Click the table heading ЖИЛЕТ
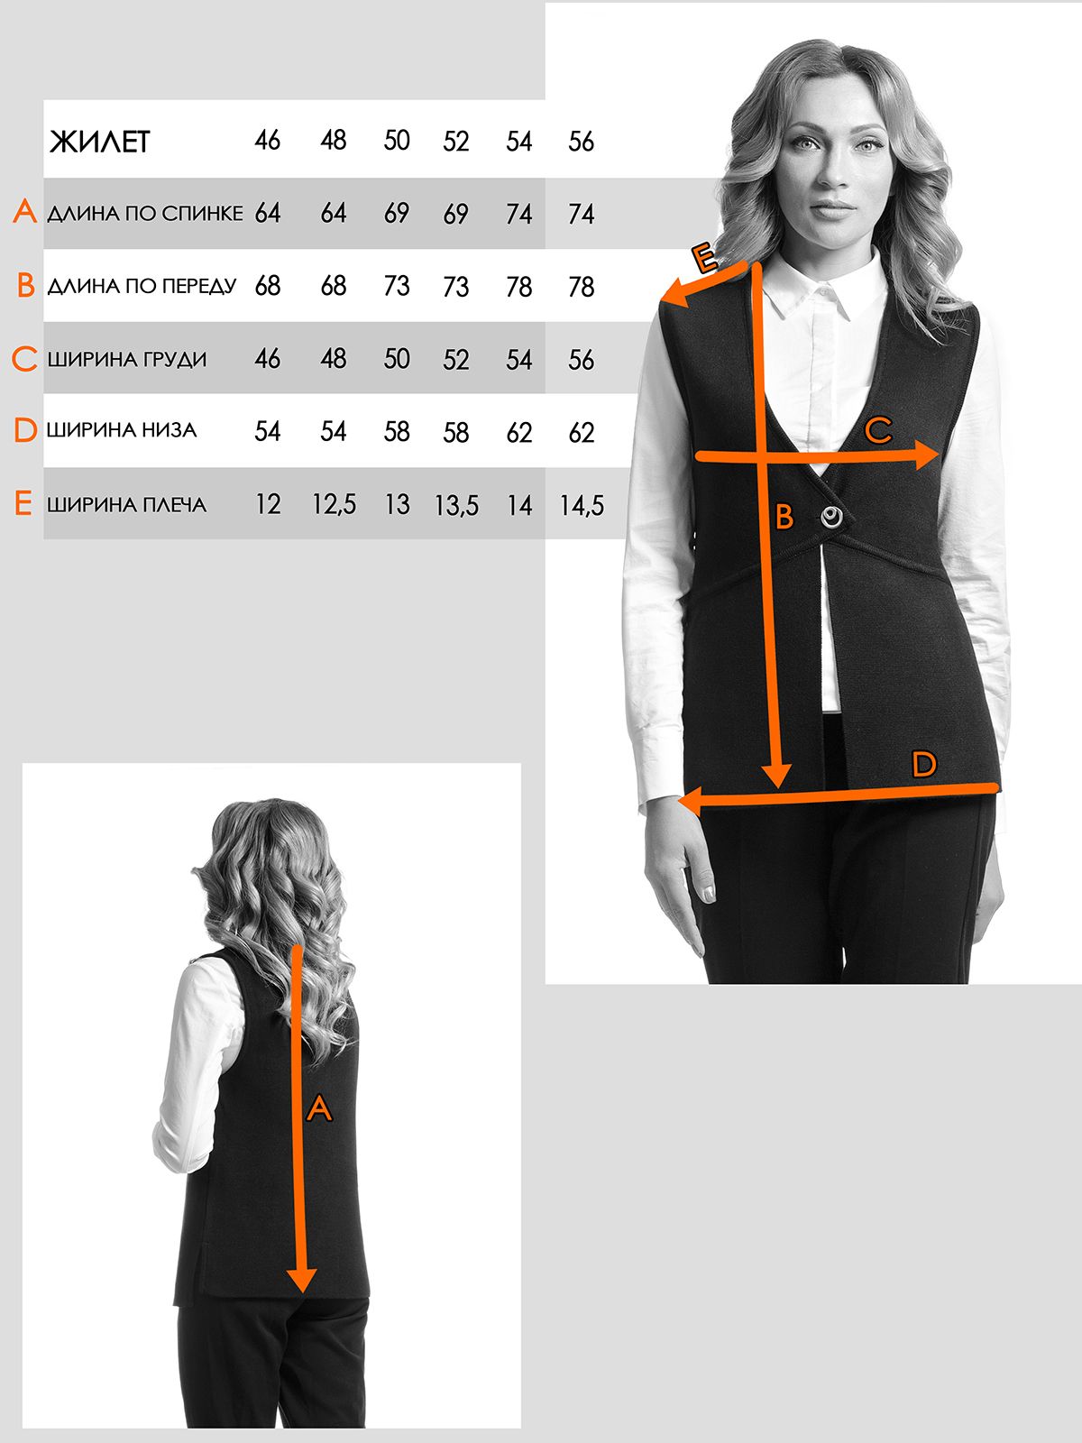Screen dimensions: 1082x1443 pyautogui.click(x=100, y=142)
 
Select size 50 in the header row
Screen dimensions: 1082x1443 pyautogui.click(x=397, y=141)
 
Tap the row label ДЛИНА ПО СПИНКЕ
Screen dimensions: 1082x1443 pyautogui.click(x=144, y=213)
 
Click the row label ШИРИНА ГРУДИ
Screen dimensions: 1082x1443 pyautogui.click(x=127, y=359)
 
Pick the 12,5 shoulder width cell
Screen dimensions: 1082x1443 pyautogui.click(x=334, y=505)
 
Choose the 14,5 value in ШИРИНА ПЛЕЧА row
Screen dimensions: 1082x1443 pyautogui.click(x=582, y=506)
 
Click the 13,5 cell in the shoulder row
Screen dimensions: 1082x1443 pyautogui.click(x=456, y=506)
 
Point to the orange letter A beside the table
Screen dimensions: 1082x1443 pyautogui.click(x=25, y=212)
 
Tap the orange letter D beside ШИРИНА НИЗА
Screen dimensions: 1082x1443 pyautogui.click(x=25, y=430)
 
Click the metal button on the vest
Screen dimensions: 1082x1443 pyautogui.click(x=831, y=518)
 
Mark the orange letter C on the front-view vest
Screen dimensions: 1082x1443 pyautogui.click(x=877, y=430)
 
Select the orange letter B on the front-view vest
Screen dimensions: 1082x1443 pyautogui.click(x=784, y=517)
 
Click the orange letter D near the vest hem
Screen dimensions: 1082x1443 pyautogui.click(x=923, y=765)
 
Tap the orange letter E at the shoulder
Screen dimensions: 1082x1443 pyautogui.click(x=705, y=258)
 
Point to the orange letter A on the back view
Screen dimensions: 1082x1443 pyautogui.click(x=319, y=1108)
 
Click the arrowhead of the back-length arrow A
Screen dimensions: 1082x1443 pyautogui.click(x=301, y=1279)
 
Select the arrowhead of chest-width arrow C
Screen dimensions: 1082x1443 pyautogui.click(x=926, y=455)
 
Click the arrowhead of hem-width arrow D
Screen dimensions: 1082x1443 pyautogui.click(x=690, y=802)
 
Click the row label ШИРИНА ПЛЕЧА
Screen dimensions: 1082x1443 pyautogui.click(x=127, y=505)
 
